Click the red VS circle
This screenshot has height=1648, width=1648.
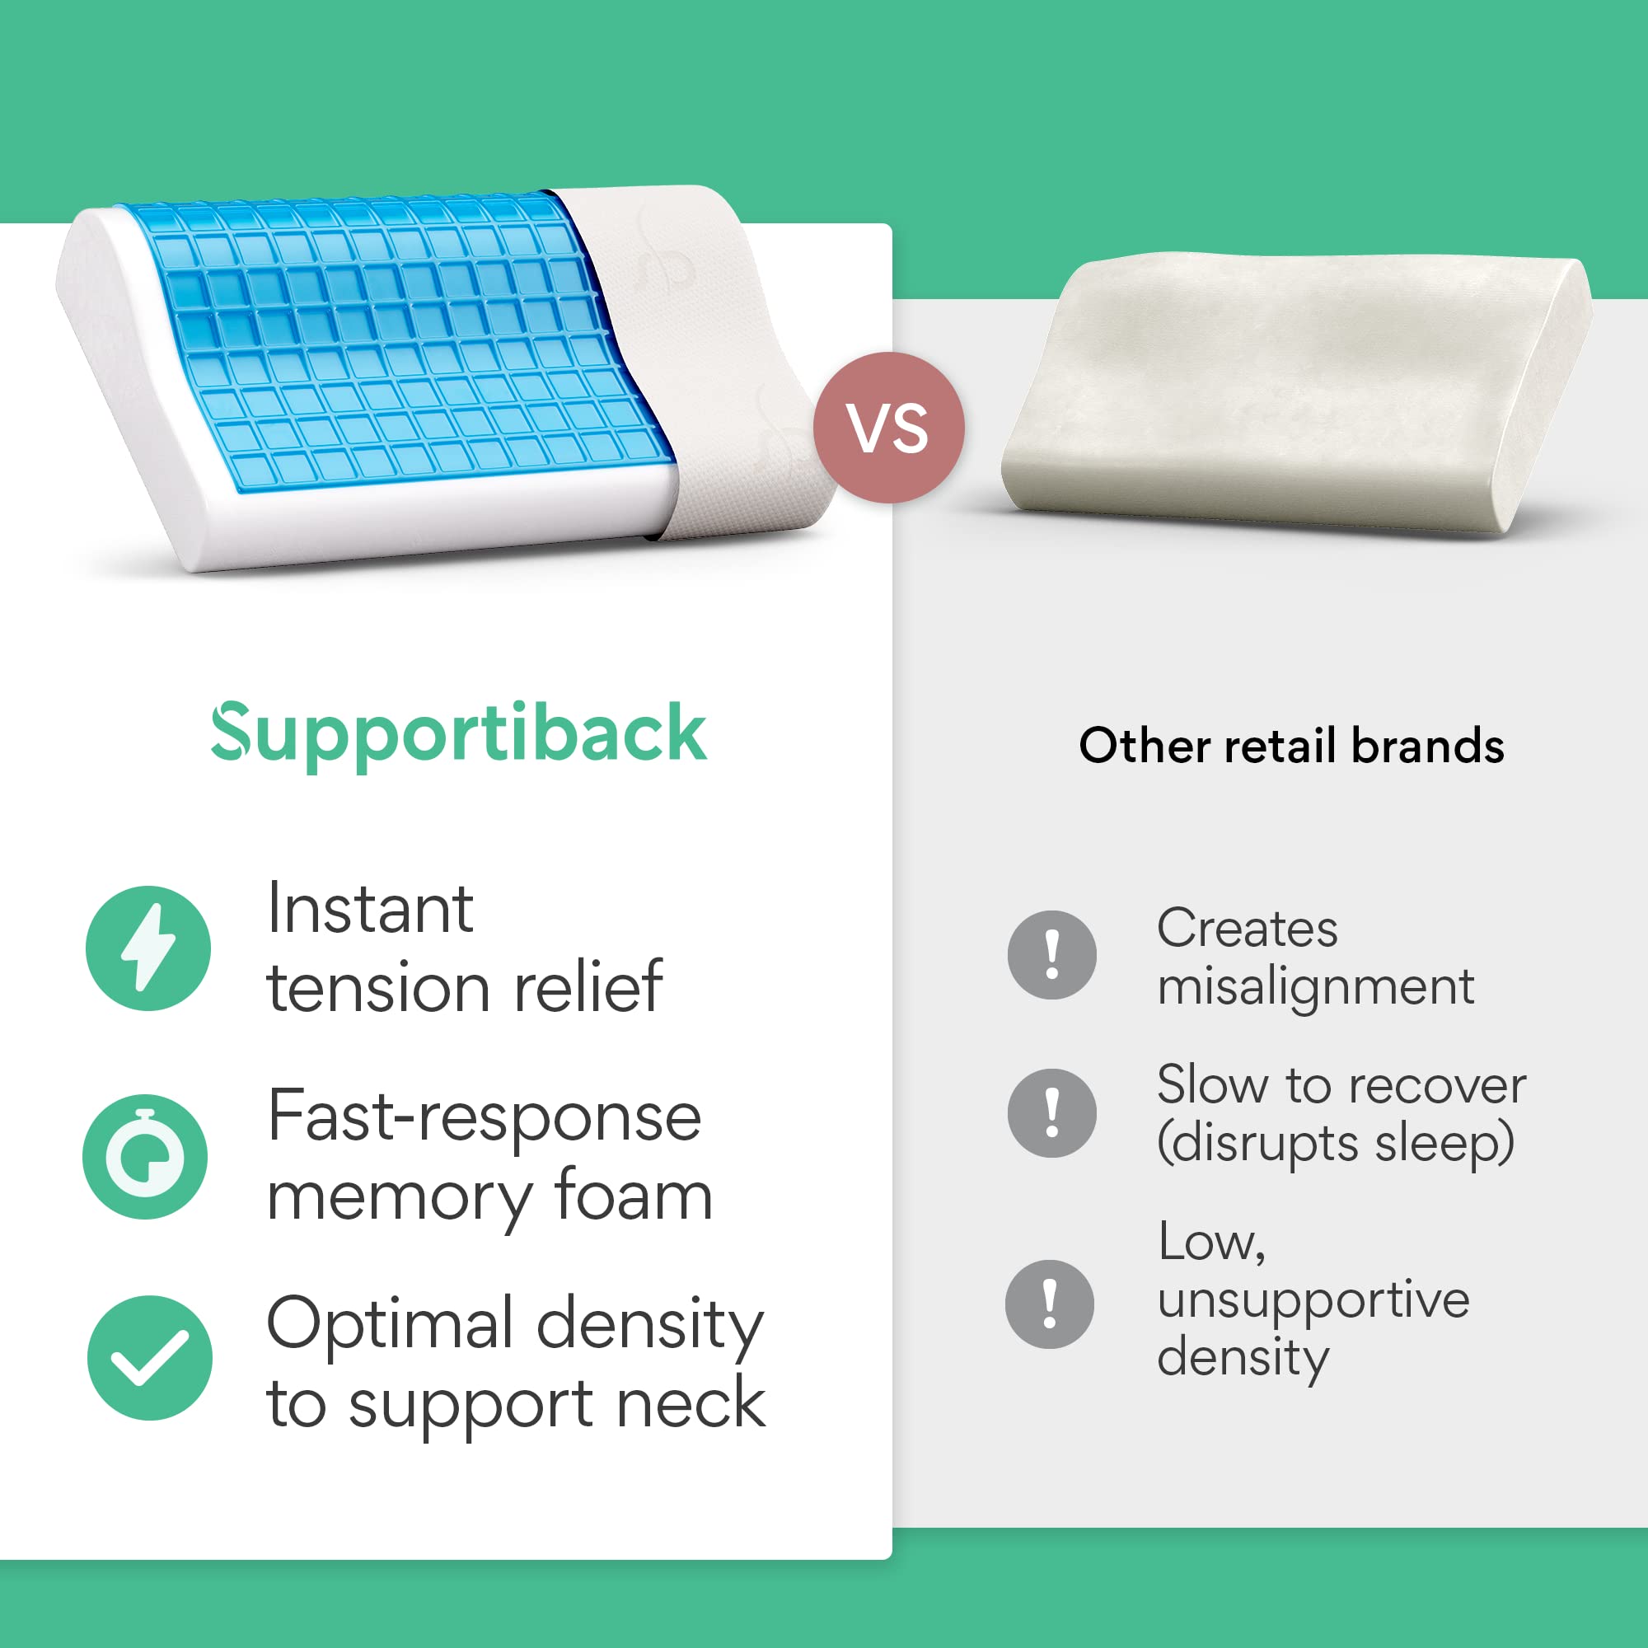[x=889, y=428]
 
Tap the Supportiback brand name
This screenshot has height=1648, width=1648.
[x=459, y=733]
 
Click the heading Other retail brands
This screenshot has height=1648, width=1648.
[x=1291, y=746]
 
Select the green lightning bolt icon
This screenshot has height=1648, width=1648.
[x=148, y=948]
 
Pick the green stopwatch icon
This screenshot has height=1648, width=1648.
[x=145, y=1157]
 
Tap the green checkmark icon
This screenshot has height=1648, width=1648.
[x=150, y=1358]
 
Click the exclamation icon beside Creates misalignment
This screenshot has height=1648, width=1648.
[x=1051, y=954]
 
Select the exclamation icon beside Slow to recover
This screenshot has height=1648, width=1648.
[x=1051, y=1113]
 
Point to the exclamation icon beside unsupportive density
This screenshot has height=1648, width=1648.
[x=1050, y=1304]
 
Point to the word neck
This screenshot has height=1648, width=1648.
[x=691, y=1403]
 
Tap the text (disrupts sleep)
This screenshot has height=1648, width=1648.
[x=1336, y=1144]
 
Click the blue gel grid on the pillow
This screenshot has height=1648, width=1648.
[x=396, y=344]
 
